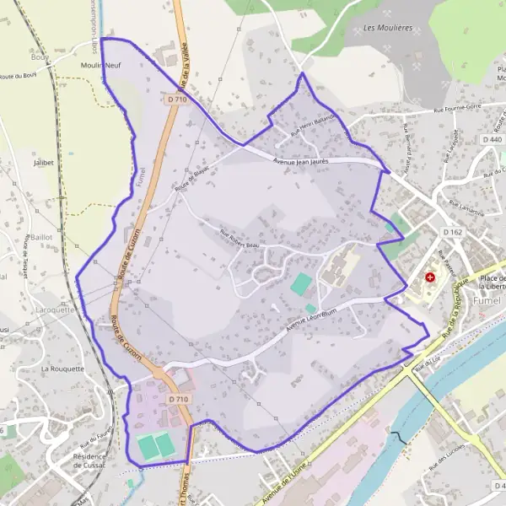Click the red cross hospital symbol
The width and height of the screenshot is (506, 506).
pos(431,277)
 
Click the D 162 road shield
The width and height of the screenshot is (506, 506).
pos(452,230)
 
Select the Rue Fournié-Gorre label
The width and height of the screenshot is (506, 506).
pos(445,108)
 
